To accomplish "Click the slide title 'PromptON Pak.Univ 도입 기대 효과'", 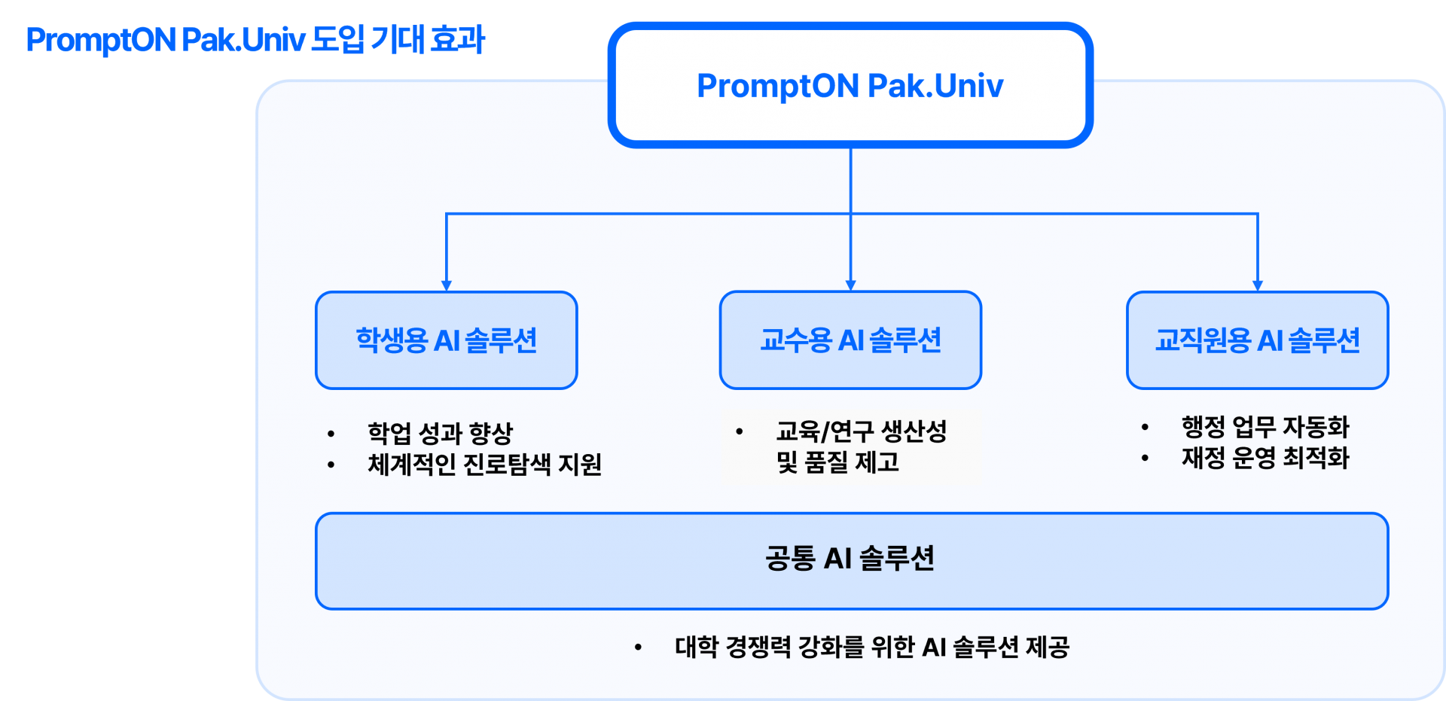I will [x=255, y=40].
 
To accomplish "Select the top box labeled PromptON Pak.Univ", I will [x=850, y=85].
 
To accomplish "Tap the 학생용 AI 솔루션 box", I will [x=447, y=340].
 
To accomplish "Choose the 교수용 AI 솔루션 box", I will [x=850, y=340].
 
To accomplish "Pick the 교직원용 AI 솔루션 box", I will [x=1257, y=340].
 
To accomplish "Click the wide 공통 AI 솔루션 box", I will [x=851, y=560].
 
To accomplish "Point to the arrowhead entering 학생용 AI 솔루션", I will [x=447, y=285].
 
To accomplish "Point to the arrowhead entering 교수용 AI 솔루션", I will [x=851, y=285].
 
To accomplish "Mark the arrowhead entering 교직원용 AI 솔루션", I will [x=1258, y=285].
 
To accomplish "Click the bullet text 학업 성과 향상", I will [x=440, y=433].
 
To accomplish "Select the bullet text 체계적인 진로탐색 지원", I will [x=484, y=464].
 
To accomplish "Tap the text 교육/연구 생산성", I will [x=861, y=431].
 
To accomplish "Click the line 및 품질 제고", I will [x=837, y=462].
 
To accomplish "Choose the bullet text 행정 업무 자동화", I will [x=1265, y=427].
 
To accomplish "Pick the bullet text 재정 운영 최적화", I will [x=1265, y=457].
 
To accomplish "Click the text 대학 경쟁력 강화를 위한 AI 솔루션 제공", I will [x=872, y=647].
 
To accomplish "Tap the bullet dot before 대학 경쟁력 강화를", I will [x=638, y=647].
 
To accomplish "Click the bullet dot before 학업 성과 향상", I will [x=331, y=434].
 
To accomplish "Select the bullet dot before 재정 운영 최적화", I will [x=1145, y=458].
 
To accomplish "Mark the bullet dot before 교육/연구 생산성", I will [x=740, y=431].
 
